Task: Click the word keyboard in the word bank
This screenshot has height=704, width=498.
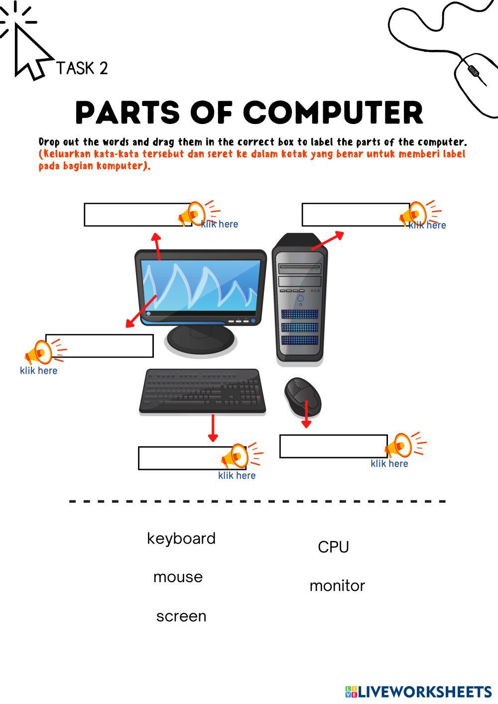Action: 181,539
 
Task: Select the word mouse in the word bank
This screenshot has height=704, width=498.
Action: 178,577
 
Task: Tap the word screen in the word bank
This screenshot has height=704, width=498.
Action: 181,616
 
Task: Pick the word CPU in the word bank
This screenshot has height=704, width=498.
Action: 333,547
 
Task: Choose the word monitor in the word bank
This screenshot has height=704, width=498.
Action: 337,586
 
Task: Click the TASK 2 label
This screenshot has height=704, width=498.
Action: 82,68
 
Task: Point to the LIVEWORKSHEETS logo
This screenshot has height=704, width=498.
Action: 418,692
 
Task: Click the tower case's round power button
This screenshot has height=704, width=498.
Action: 300,299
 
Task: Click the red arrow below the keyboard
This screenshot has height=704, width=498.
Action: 213,428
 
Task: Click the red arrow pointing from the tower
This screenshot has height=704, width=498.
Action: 328,240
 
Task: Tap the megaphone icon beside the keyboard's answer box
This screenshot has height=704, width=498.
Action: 240,456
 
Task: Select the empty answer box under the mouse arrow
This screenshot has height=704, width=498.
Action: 333,446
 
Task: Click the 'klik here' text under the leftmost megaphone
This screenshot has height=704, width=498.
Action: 38,371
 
